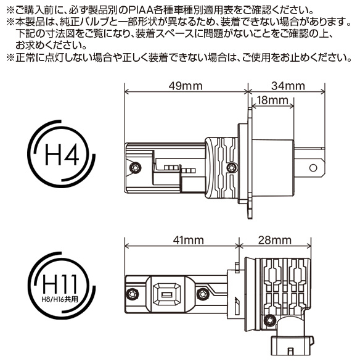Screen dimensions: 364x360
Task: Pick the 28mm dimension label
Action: tap(275, 239)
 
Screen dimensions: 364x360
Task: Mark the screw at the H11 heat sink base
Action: tap(269, 320)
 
